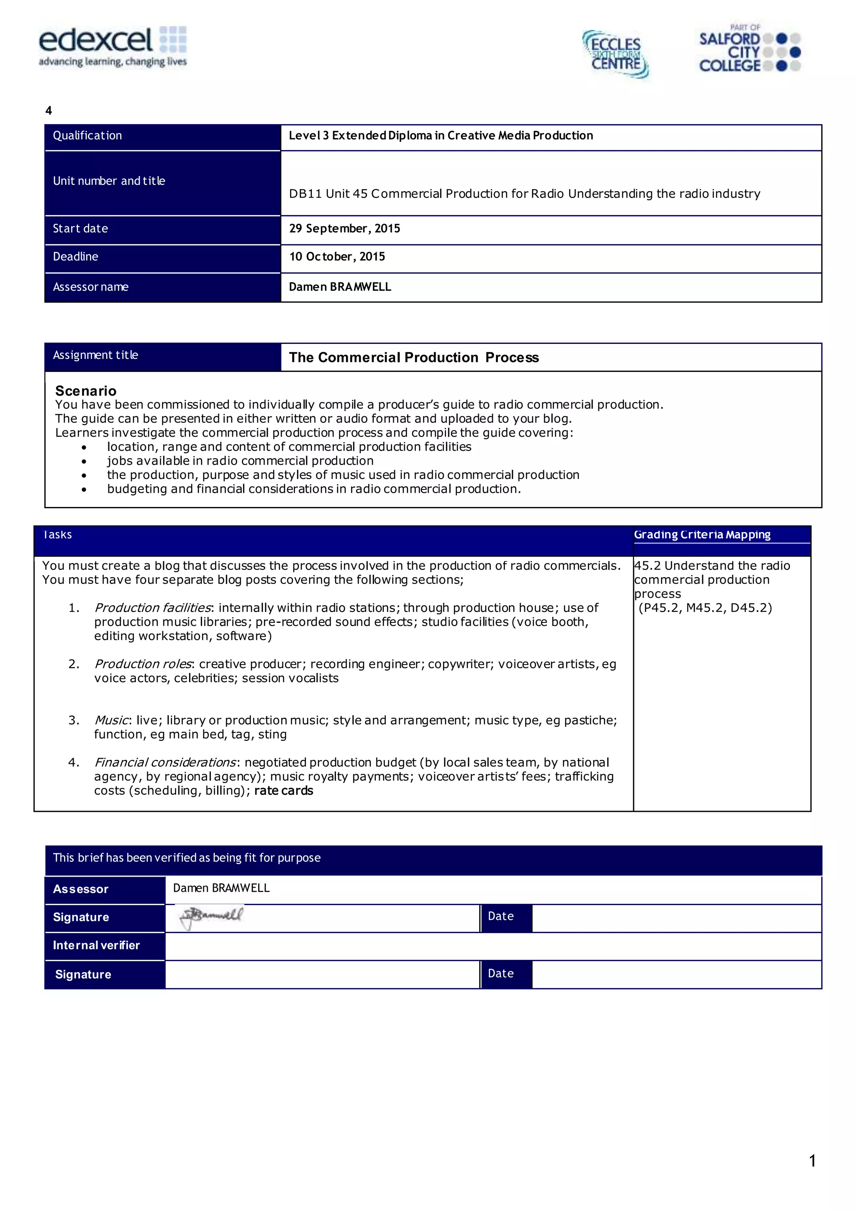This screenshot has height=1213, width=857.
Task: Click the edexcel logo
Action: [x=113, y=46]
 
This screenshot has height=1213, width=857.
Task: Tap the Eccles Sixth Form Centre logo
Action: [x=616, y=54]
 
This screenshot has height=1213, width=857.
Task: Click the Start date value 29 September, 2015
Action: [x=344, y=229]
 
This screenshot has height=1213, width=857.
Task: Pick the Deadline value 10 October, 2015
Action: [x=337, y=257]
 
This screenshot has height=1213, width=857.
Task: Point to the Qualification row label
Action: [x=87, y=136]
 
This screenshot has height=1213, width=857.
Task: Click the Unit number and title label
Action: [x=109, y=181]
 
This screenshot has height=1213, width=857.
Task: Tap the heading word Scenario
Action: [x=86, y=391]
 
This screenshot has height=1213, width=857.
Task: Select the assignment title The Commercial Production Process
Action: [x=413, y=358]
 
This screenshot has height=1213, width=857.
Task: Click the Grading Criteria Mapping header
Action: [x=702, y=535]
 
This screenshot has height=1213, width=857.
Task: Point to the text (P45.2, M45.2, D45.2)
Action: [x=705, y=608]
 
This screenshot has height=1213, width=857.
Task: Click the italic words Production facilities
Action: [x=153, y=608]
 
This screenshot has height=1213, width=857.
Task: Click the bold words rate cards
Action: [x=283, y=791]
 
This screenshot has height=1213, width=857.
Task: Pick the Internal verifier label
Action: [x=96, y=946]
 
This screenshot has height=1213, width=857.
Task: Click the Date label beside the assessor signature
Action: [x=500, y=916]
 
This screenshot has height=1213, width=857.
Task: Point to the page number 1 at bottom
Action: [x=812, y=1161]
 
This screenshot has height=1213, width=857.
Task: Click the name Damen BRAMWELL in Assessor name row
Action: [x=339, y=287]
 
